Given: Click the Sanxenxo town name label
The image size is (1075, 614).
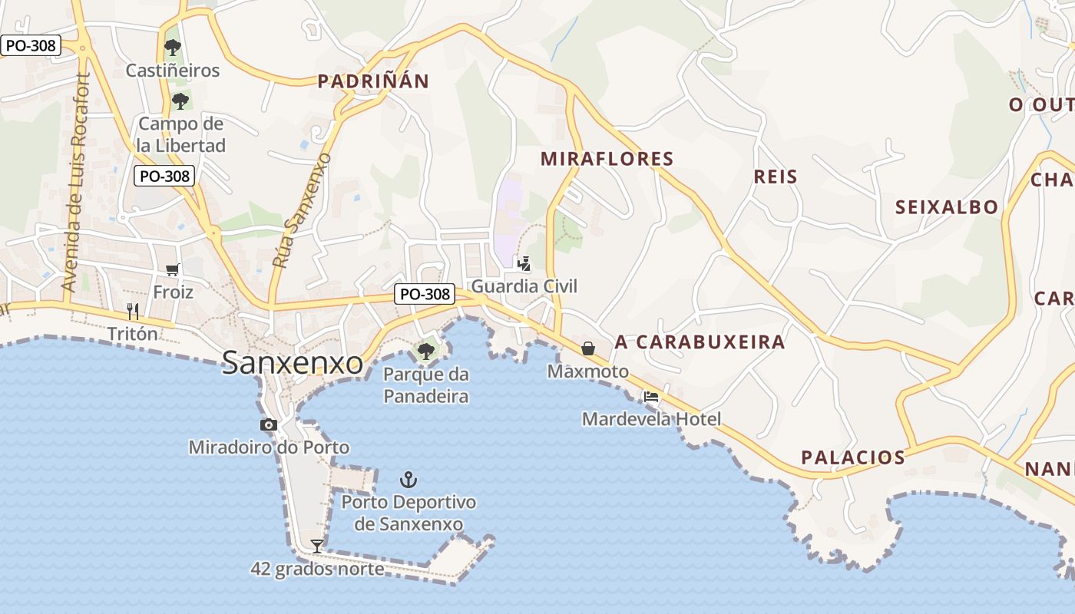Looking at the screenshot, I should pyautogui.click(x=293, y=363).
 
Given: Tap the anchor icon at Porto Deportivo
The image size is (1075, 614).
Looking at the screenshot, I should pyautogui.click(x=408, y=480).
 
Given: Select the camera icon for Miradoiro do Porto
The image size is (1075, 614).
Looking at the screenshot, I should pyautogui.click(x=269, y=425).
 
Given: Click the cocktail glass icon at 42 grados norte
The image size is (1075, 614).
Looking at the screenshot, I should pyautogui.click(x=316, y=546).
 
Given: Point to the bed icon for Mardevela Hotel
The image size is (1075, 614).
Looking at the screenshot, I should pyautogui.click(x=651, y=397).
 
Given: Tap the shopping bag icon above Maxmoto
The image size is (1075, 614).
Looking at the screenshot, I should pyautogui.click(x=588, y=348).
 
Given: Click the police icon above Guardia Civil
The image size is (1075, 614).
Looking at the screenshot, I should pyautogui.click(x=524, y=264).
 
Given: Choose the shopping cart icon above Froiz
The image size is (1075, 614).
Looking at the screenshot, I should pyautogui.click(x=173, y=269).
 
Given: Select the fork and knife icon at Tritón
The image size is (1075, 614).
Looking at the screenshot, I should pyautogui.click(x=133, y=311).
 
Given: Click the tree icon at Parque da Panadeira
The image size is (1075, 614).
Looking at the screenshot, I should pyautogui.click(x=425, y=352).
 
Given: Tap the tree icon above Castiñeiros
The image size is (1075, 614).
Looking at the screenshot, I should pyautogui.click(x=173, y=48).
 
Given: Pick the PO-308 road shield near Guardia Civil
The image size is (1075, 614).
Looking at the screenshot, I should pyautogui.click(x=425, y=294).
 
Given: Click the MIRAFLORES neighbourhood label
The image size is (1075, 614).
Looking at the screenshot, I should pyautogui.click(x=607, y=159).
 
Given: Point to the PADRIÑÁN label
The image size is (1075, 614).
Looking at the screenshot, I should pyautogui.click(x=373, y=81).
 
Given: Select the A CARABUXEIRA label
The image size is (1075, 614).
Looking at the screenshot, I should pyautogui.click(x=700, y=342).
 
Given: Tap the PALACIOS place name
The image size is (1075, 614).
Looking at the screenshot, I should pyautogui.click(x=853, y=457).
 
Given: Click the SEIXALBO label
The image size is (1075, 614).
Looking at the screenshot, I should pyautogui.click(x=947, y=206).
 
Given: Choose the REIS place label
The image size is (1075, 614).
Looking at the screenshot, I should pyautogui.click(x=776, y=177).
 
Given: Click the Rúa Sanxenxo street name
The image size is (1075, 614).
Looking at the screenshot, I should pyautogui.click(x=301, y=210).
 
